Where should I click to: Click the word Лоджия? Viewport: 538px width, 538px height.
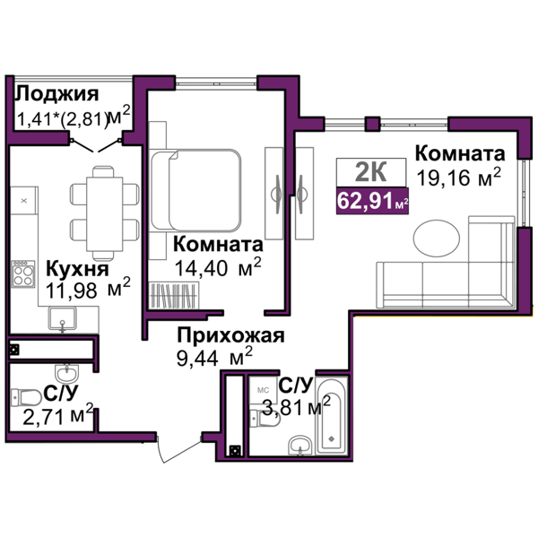point(57,92)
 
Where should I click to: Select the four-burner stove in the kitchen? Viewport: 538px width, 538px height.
point(22,272)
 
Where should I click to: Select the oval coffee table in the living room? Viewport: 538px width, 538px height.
point(436,239)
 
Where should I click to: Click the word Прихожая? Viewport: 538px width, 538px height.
point(231,337)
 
